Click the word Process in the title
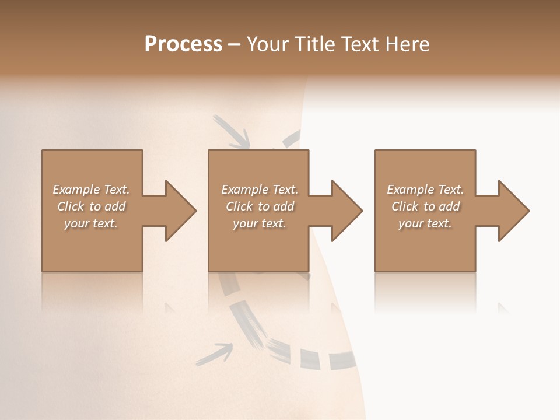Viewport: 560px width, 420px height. (x=183, y=44)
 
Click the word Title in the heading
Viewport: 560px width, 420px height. (x=311, y=44)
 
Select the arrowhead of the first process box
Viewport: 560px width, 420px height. (x=180, y=211)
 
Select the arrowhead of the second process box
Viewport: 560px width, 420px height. (x=346, y=211)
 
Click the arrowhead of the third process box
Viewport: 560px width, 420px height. (x=513, y=211)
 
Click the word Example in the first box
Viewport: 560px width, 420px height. (x=76, y=190)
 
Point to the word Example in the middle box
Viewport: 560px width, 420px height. (x=244, y=190)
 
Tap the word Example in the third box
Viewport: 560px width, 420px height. (x=410, y=190)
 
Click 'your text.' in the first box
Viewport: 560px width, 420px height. (x=91, y=223)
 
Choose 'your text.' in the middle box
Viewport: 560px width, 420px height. (x=260, y=223)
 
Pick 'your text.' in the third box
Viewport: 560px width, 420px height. (x=425, y=223)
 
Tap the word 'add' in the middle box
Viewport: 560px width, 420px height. (x=283, y=206)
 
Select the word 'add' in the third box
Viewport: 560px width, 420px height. (x=449, y=206)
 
